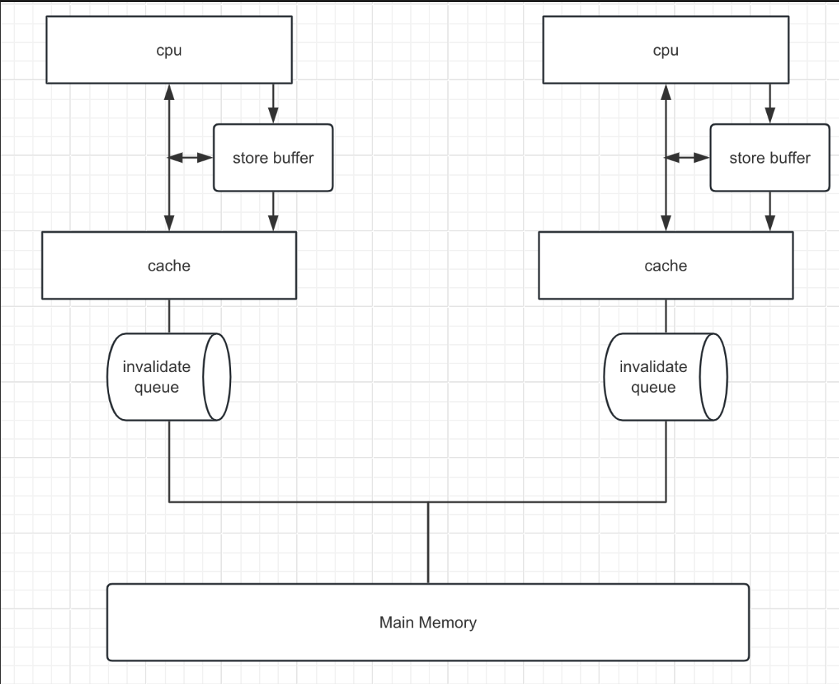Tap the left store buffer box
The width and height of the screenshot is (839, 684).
pyautogui.click(x=273, y=158)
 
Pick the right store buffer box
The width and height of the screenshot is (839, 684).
pyautogui.click(x=770, y=158)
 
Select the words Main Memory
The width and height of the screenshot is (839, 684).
pyautogui.click(x=428, y=623)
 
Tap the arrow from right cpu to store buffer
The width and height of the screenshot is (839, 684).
pyautogui.click(x=770, y=103)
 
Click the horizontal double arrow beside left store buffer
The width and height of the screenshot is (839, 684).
pyautogui.click(x=191, y=158)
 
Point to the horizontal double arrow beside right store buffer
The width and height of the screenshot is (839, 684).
pyautogui.click(x=688, y=158)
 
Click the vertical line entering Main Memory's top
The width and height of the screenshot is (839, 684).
pyautogui.click(x=428, y=543)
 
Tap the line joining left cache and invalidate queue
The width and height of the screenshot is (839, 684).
pyautogui.click(x=169, y=316)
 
